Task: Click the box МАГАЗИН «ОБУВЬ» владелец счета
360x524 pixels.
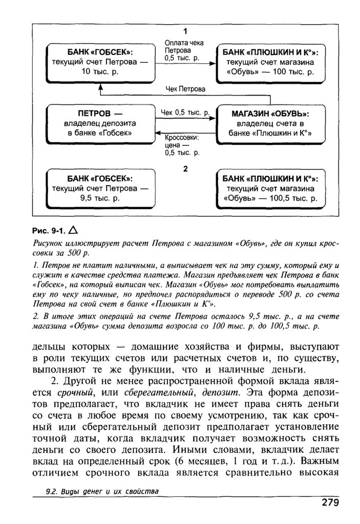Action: (x=270, y=123)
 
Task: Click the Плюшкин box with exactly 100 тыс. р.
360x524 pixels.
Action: (x=270, y=62)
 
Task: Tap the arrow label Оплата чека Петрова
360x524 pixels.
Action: (x=184, y=51)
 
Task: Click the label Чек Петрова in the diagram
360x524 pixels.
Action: (x=185, y=89)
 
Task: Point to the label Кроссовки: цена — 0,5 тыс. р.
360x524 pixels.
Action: (x=182, y=145)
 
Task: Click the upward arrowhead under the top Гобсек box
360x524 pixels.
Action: (x=100, y=88)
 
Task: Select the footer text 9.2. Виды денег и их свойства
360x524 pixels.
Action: (x=102, y=492)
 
